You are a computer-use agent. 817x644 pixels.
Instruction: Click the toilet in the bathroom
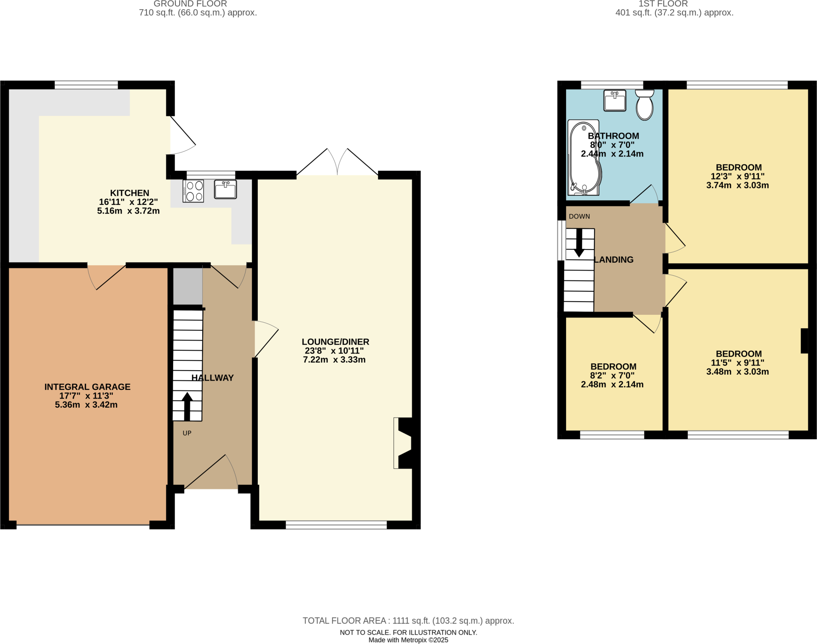[644, 106]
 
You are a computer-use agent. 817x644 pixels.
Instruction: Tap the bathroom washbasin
[615, 100]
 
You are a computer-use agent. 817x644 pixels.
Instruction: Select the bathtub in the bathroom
[584, 158]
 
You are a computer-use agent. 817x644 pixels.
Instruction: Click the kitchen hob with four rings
[193, 191]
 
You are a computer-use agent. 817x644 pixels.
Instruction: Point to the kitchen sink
[225, 189]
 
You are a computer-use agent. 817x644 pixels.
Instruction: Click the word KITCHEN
[130, 193]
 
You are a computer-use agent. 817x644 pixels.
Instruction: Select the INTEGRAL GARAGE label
[87, 387]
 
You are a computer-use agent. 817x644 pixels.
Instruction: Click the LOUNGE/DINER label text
[335, 342]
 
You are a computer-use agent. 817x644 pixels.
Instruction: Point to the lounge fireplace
[404, 443]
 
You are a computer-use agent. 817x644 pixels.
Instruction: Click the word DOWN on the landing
[579, 216]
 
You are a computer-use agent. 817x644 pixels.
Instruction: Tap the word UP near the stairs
[187, 433]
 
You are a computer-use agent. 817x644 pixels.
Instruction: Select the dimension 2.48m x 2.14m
[612, 385]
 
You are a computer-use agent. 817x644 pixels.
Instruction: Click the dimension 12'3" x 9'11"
[738, 176]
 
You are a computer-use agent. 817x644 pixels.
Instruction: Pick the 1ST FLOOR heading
[663, 4]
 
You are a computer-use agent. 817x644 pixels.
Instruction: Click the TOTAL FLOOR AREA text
[408, 620]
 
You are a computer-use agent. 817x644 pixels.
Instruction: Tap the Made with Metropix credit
[408, 640]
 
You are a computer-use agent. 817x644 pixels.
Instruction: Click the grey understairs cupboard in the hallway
[188, 286]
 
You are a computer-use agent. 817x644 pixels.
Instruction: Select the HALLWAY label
[212, 378]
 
